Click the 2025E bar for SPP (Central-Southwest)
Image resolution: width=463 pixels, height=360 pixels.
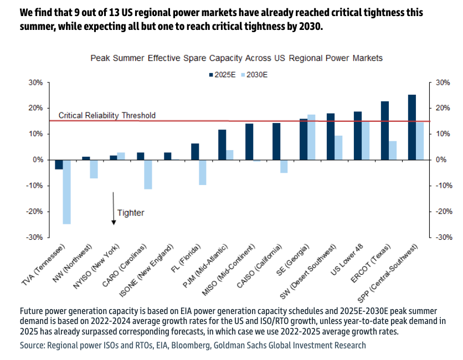click(x=411, y=127)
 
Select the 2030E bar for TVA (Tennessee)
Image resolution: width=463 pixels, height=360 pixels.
click(x=66, y=192)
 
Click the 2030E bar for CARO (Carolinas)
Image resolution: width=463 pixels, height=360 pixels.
click(x=148, y=174)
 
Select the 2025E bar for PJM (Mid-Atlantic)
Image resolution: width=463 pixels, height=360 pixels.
click(x=222, y=145)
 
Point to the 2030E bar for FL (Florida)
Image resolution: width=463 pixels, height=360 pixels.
click(x=202, y=172)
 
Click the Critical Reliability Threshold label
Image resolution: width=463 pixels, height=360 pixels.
click(x=107, y=116)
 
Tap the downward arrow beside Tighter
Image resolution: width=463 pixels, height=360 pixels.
click(x=113, y=208)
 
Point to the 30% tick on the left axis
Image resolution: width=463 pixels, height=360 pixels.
click(x=35, y=83)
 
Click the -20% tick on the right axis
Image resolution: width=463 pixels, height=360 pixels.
click(x=444, y=211)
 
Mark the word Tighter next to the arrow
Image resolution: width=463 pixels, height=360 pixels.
click(x=131, y=212)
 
